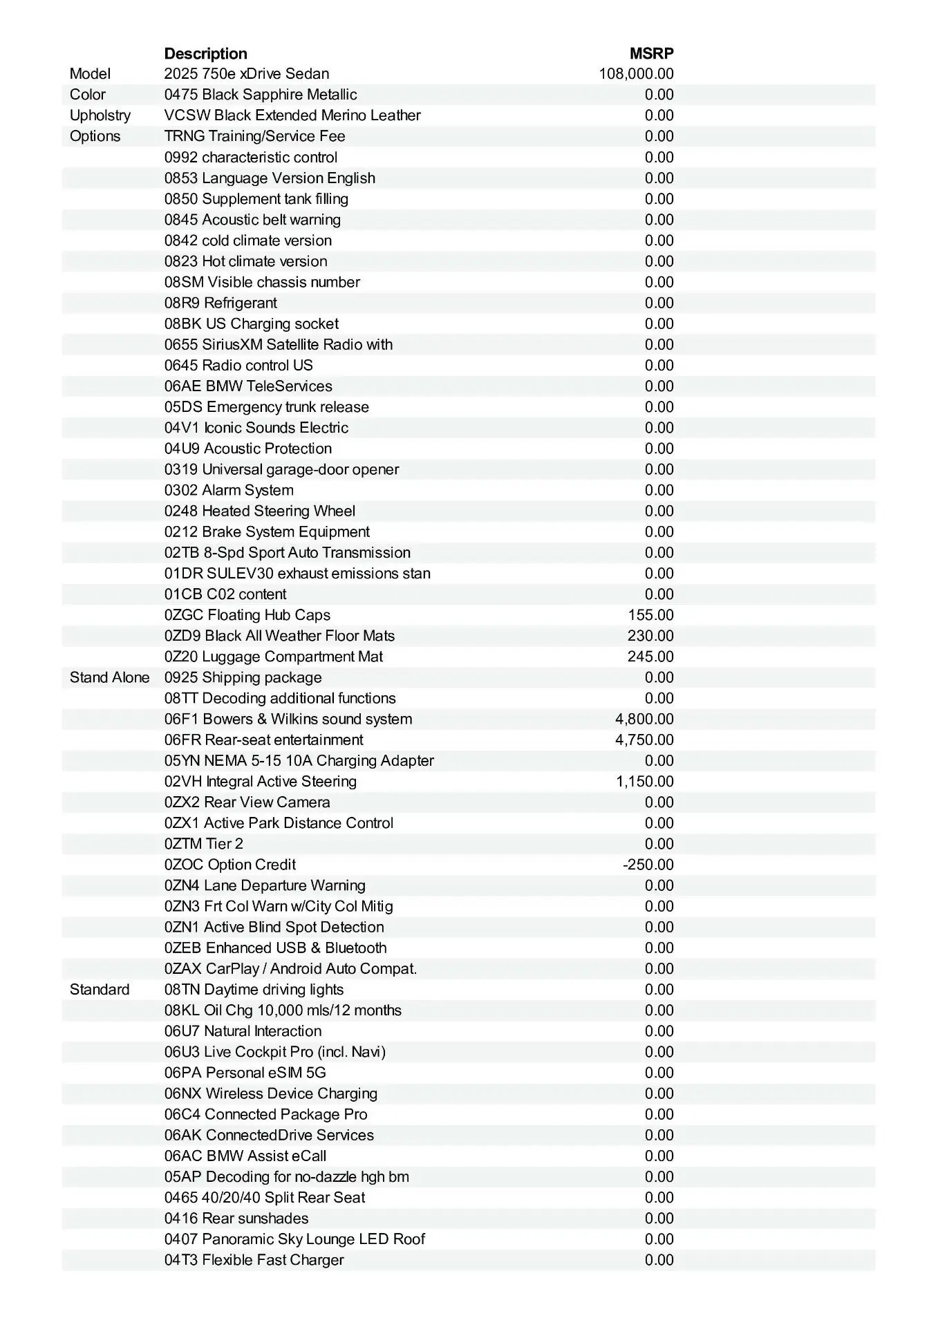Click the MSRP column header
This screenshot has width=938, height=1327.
coord(651,54)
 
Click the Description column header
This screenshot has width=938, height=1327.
coord(205,54)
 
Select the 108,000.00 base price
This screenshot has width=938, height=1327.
coord(636,74)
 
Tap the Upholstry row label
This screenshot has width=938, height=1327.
coord(100,115)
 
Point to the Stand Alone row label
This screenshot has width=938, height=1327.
coord(109,677)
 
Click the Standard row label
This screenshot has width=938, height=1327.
coord(100,989)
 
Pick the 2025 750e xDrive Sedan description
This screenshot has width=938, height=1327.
coord(247,74)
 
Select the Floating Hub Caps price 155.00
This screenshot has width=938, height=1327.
coord(650,615)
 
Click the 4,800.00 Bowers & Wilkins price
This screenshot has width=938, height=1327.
coord(644,719)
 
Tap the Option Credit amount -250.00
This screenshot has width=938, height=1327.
coord(648,865)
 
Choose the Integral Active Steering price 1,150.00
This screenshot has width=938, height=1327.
coord(644,781)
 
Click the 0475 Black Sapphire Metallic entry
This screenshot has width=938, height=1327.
coord(261,95)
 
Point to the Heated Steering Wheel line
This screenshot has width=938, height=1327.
coord(260,511)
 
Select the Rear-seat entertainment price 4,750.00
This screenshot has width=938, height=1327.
coord(644,740)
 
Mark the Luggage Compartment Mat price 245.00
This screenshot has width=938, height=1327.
coord(650,657)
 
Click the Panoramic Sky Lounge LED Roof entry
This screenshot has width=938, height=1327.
coord(294,1239)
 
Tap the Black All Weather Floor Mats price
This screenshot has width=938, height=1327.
coord(650,636)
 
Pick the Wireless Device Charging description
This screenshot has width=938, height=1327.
coord(271,1093)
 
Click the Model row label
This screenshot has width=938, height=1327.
coord(90,74)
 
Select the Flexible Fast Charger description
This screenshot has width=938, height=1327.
coord(254,1260)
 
